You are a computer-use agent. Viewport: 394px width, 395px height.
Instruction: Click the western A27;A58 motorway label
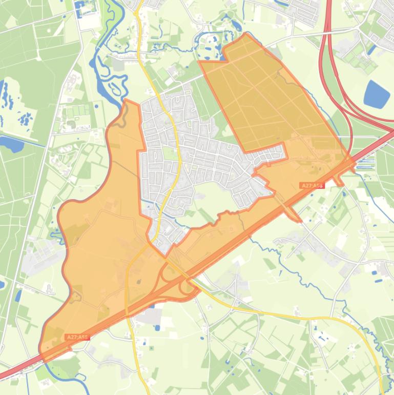(x=77, y=337)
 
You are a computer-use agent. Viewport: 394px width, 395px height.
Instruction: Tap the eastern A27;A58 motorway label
(x=312, y=185)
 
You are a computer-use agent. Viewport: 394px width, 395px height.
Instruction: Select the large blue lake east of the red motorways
(x=377, y=94)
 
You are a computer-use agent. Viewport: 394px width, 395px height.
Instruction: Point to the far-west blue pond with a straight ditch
(x=11, y=144)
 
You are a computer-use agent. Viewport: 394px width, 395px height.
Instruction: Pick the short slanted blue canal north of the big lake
(x=373, y=49)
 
